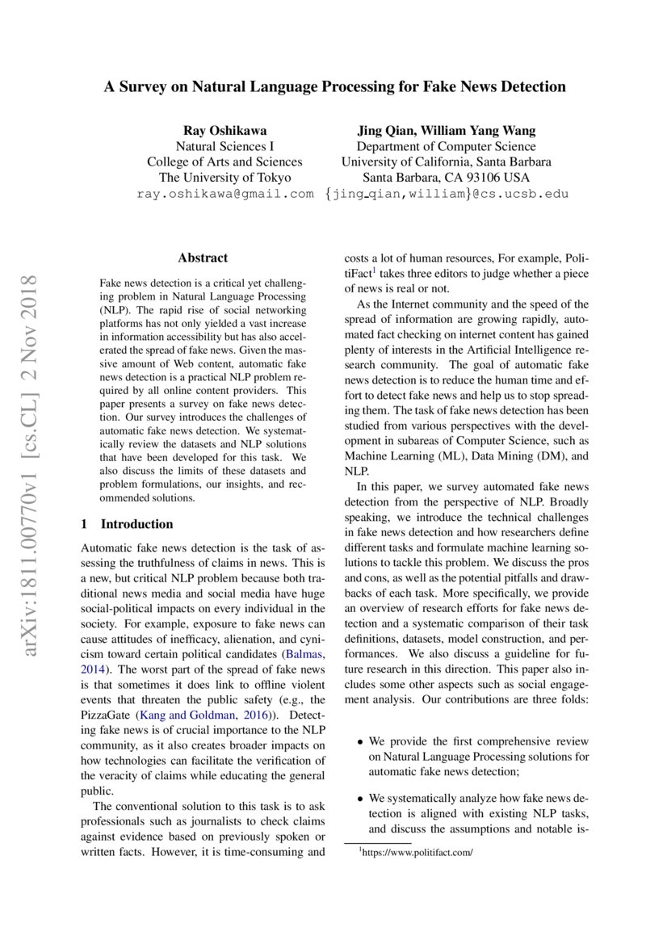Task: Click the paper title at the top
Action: pyautogui.click(x=333, y=86)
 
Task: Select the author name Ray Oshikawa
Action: pyautogui.click(x=224, y=130)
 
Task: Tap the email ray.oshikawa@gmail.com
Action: pyautogui.click(x=224, y=194)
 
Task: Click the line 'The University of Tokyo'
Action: pyautogui.click(x=224, y=178)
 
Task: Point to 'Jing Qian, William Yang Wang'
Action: pyautogui.click(x=446, y=130)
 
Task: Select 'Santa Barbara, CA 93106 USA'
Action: pyautogui.click(x=446, y=178)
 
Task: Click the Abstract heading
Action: pyautogui.click(x=203, y=258)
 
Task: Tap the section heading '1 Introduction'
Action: pyautogui.click(x=128, y=523)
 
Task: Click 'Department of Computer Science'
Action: pyautogui.click(x=446, y=146)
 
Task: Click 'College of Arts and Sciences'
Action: pyautogui.click(x=224, y=162)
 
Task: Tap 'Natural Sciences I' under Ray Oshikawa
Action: pyautogui.click(x=224, y=146)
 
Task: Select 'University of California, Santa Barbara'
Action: pyautogui.click(x=446, y=162)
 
